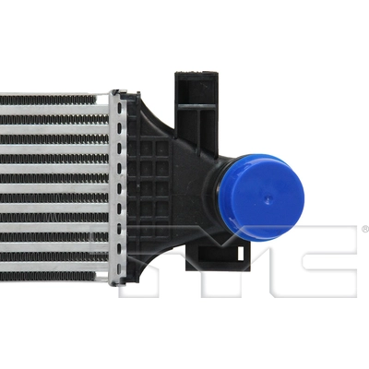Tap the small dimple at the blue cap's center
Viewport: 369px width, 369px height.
click(x=268, y=196)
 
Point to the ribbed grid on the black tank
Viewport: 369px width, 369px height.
click(x=148, y=184)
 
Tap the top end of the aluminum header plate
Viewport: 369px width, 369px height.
click(x=118, y=94)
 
